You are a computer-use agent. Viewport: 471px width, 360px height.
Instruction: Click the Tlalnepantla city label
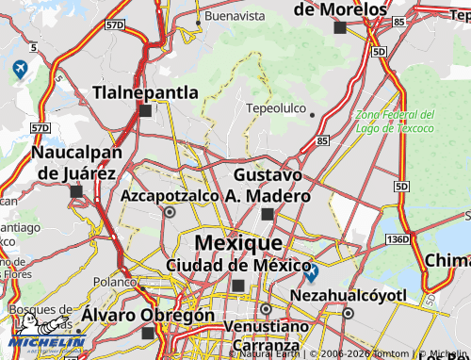(145, 92)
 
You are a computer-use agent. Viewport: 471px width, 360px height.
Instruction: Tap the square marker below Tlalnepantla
(145, 111)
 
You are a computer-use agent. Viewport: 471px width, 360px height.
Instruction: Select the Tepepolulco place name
(275, 108)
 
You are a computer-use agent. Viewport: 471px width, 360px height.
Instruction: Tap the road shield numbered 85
(323, 140)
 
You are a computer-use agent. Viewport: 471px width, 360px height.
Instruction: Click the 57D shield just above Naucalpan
(40, 127)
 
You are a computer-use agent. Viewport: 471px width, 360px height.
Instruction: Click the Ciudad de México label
(233, 265)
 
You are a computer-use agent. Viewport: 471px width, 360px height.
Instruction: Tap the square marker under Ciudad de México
(238, 286)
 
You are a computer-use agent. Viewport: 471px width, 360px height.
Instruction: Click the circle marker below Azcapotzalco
(170, 213)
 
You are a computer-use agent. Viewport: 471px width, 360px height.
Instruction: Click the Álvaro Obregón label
(147, 315)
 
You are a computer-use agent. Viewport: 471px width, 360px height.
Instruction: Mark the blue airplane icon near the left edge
(20, 69)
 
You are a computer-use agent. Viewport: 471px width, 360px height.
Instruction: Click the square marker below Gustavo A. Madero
(268, 215)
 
